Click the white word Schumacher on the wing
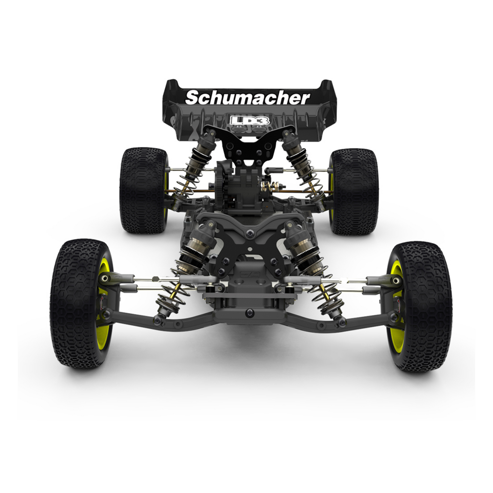(247, 98)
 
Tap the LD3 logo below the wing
(249, 120)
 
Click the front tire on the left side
(81, 303)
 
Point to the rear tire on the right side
(354, 192)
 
